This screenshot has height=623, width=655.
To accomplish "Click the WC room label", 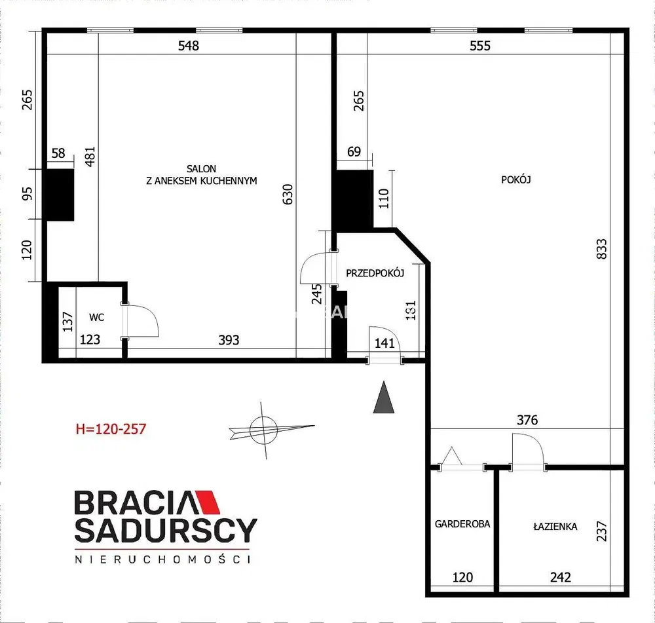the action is coord(96,317).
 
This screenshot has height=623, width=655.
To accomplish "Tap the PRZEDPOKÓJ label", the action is coord(375,273).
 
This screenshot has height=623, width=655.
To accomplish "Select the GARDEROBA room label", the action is coord(462,524).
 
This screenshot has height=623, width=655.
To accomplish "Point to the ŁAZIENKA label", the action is coord(555,526).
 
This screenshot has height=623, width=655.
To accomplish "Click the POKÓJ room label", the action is coord(516,179).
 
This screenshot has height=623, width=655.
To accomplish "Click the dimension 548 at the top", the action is coord(189,45).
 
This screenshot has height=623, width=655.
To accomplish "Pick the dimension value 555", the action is coord(480,45).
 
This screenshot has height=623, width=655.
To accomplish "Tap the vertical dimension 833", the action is coord(601,249).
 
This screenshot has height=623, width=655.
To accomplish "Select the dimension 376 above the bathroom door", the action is coord(527,419).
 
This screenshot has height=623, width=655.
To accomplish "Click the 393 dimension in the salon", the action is coord(229,340).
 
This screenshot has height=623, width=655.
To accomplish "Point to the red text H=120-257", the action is coord(111,429).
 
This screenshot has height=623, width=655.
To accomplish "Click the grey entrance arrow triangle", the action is coord(383,397).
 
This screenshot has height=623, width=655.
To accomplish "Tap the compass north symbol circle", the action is coord(263,430).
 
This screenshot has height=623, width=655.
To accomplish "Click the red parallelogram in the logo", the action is coord(208,502).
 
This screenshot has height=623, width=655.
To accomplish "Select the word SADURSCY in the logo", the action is coord(166,530).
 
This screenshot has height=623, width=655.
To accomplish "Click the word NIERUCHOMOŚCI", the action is coord(163,559).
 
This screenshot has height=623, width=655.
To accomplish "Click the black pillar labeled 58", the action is coord(60,195).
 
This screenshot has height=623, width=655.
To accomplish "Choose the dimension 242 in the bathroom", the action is coord(560,577).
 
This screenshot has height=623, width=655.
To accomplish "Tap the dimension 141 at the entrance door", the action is coord(384,343).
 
